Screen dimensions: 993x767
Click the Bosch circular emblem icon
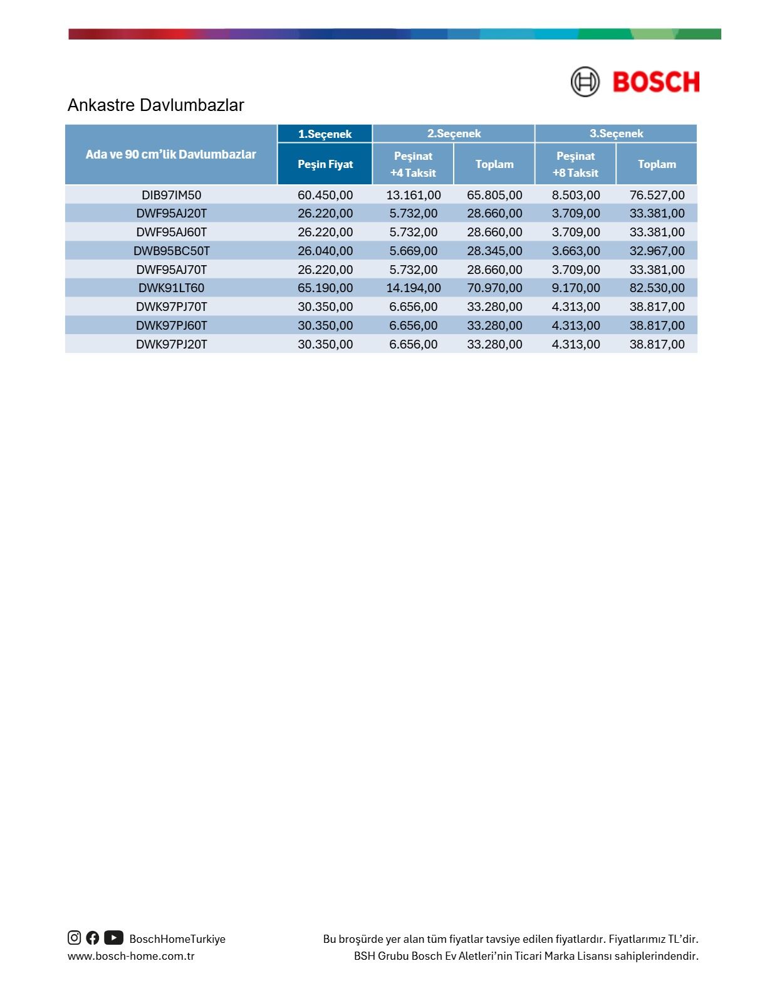[x=585, y=81]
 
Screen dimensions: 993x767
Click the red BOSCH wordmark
[x=655, y=82]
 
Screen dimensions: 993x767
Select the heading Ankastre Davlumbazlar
[x=155, y=105]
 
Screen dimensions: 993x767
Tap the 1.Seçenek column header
[x=325, y=134]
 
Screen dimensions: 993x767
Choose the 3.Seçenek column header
[x=616, y=134]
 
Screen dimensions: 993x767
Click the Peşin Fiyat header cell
[x=325, y=164]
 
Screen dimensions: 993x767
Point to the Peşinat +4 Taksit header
[x=413, y=164]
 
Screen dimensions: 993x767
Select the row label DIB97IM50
[x=171, y=195]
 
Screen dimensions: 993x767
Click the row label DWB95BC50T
[x=171, y=251]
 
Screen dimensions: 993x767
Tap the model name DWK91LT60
[x=171, y=288]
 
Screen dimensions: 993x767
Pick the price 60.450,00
[x=325, y=195]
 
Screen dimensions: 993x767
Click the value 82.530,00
[x=657, y=288]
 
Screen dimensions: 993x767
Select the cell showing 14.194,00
[x=413, y=288]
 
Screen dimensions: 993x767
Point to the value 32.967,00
[x=657, y=251]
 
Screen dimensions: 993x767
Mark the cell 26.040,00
[x=325, y=251]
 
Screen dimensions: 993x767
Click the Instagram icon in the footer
[x=74, y=938]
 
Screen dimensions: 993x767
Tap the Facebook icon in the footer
[x=93, y=938]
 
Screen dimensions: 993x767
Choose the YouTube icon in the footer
[x=113, y=938]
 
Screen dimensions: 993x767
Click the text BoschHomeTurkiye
[x=177, y=939]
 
